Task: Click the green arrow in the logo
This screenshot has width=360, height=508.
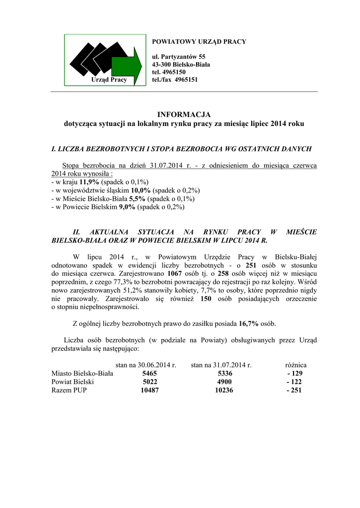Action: (x=126, y=65)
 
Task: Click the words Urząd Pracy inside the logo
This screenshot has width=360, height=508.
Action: (x=109, y=79)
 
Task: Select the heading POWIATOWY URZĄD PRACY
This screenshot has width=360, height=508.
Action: (x=199, y=42)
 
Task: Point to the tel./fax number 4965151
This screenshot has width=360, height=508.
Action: (x=186, y=79)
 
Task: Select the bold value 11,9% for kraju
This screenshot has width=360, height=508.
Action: (x=90, y=182)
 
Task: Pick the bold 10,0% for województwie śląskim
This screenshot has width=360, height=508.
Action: (x=141, y=190)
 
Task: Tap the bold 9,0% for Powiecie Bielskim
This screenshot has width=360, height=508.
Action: (x=127, y=207)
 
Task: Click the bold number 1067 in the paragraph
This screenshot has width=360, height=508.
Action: (x=175, y=274)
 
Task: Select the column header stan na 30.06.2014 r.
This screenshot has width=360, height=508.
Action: (x=146, y=365)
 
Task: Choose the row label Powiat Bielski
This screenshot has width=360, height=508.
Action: (x=72, y=382)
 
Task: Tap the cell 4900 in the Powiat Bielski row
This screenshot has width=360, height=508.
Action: (x=224, y=382)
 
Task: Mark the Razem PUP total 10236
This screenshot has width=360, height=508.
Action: (x=224, y=390)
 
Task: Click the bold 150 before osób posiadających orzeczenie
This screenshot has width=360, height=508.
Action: (x=207, y=299)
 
